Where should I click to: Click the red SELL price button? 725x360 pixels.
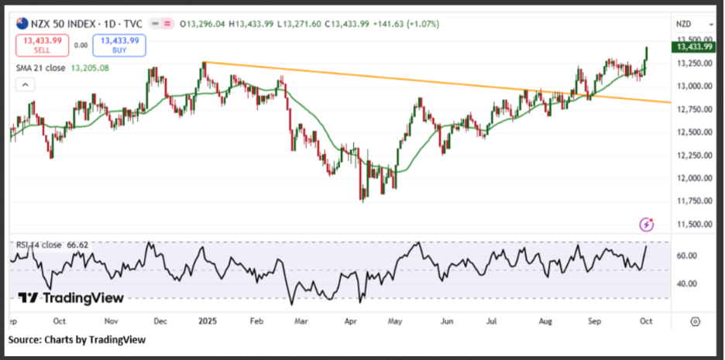tap(42, 45)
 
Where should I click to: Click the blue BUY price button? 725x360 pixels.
tap(119, 45)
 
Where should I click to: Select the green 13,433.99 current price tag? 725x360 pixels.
tap(693, 46)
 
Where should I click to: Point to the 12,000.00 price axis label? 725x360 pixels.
tap(692, 178)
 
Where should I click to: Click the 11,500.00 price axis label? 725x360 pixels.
tap(692, 225)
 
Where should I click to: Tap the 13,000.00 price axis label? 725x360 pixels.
tap(692, 86)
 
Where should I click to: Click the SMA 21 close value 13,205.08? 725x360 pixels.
tap(91, 68)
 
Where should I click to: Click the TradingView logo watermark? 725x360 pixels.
tap(70, 298)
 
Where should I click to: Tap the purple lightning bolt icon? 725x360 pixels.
tap(647, 225)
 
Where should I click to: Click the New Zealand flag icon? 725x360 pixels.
tap(21, 23)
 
